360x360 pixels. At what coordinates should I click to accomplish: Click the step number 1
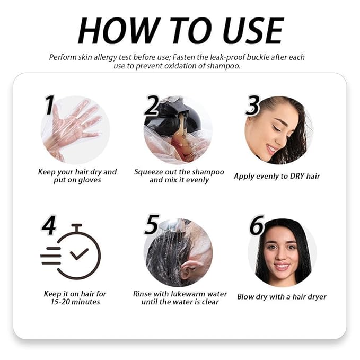point(50,104)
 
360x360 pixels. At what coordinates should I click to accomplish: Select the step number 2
point(151,106)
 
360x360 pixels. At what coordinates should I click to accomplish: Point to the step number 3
point(252,106)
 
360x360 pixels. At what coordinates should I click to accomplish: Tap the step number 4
point(49,225)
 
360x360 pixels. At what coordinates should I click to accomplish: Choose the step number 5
point(152,225)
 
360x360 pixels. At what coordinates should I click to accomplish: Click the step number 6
point(257,225)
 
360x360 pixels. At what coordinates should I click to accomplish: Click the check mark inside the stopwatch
point(79,254)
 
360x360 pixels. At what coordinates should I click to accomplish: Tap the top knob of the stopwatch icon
point(76,225)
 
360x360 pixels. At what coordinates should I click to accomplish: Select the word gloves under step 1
point(89,180)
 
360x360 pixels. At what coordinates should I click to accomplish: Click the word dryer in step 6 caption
point(317,297)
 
